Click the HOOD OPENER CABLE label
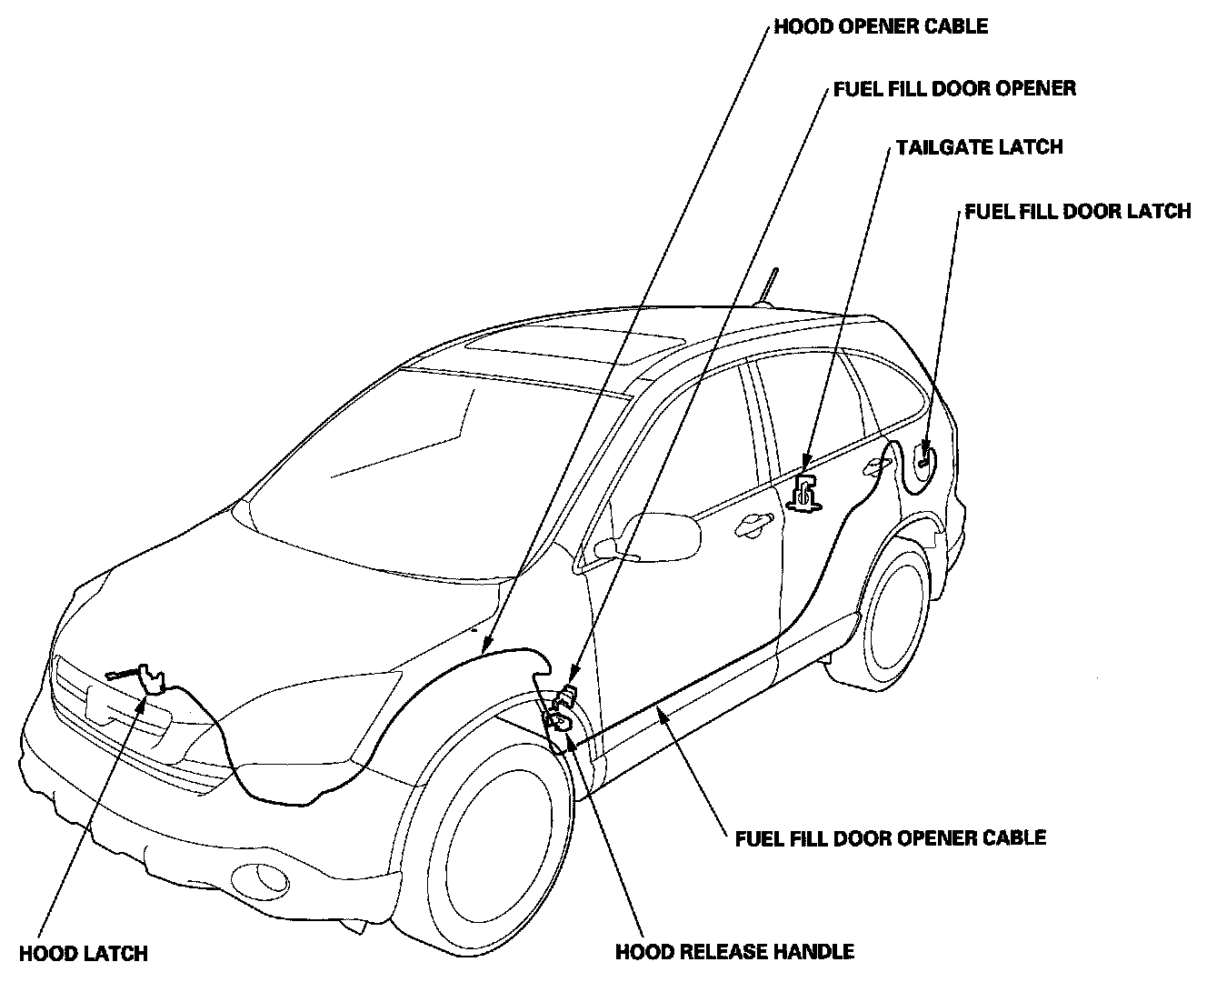[x=880, y=25]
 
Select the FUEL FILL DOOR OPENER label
[x=954, y=88]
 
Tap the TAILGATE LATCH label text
[x=979, y=146]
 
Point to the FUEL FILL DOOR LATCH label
[x=1077, y=211]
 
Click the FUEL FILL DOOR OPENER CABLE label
[x=890, y=837]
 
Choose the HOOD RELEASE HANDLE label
[x=734, y=952]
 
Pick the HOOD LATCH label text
[x=83, y=954]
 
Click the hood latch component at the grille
[x=149, y=678]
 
